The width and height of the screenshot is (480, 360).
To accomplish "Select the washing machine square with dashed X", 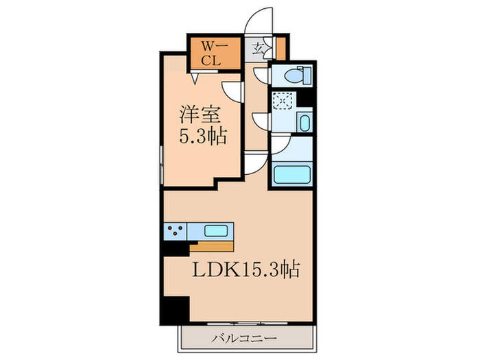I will point(280,100).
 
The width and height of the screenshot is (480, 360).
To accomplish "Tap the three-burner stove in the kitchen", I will point(175,231).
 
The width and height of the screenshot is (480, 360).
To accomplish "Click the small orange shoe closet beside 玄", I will point(280,49).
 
